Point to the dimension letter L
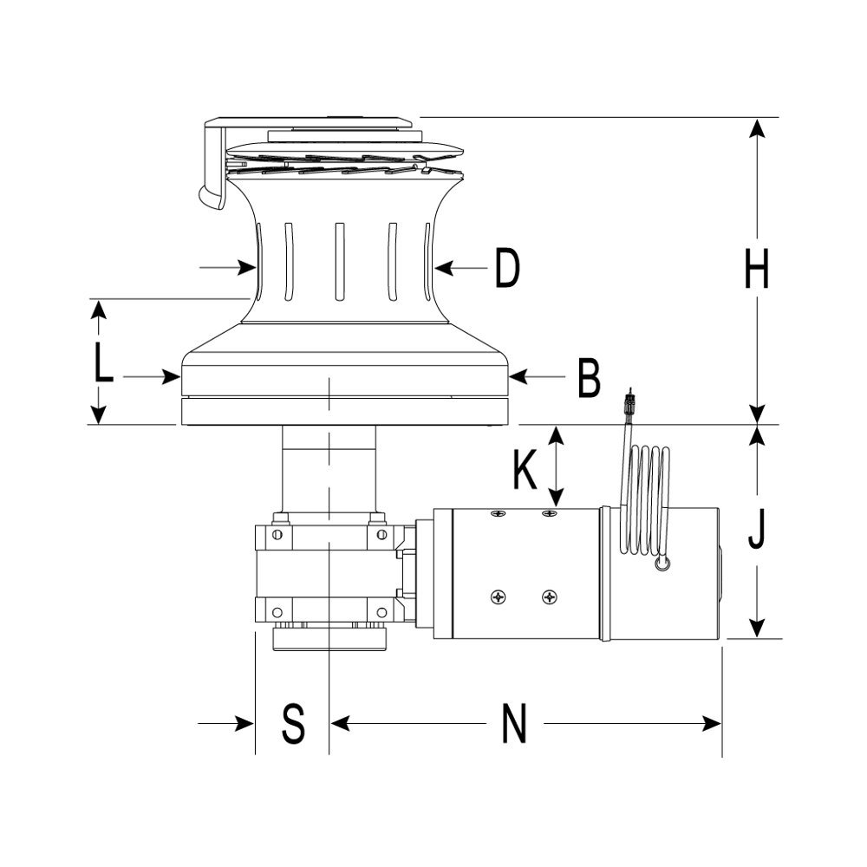point(103,364)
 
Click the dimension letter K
point(524,469)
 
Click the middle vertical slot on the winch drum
point(339,260)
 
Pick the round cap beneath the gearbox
point(329,640)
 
